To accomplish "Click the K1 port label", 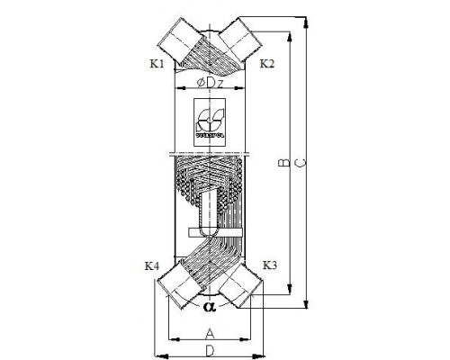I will pyautogui.click(x=157, y=65).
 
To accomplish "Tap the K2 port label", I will pyautogui.click(x=267, y=65).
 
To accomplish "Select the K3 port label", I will pyautogui.click(x=269, y=265).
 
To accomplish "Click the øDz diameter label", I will pyautogui.click(x=209, y=84).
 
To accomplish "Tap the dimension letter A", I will pyautogui.click(x=210, y=331).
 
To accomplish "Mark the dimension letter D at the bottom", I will pyautogui.click(x=210, y=349).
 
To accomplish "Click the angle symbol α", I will pyautogui.click(x=210, y=307).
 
